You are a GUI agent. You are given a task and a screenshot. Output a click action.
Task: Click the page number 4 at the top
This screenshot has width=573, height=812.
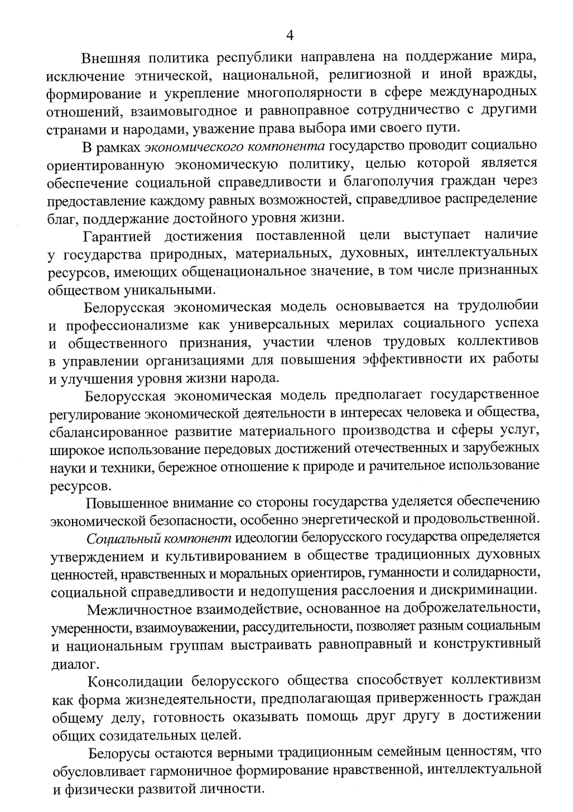pos(290,35)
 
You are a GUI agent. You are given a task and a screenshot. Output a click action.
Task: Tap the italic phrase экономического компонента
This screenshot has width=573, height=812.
pos(235,147)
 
